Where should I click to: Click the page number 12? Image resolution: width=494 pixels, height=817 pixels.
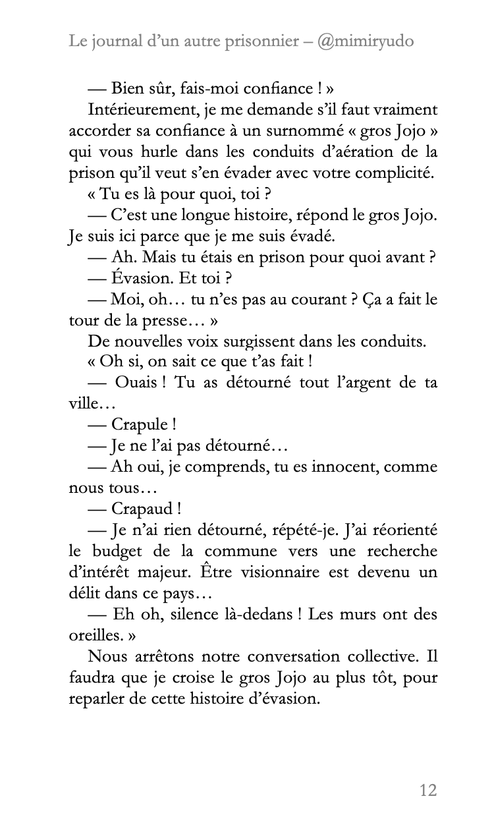[x=427, y=789]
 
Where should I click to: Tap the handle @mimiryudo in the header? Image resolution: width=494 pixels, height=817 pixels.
[x=366, y=41]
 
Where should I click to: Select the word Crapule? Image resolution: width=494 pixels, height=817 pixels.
[x=138, y=424]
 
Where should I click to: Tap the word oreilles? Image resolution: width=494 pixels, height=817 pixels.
[x=93, y=635]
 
